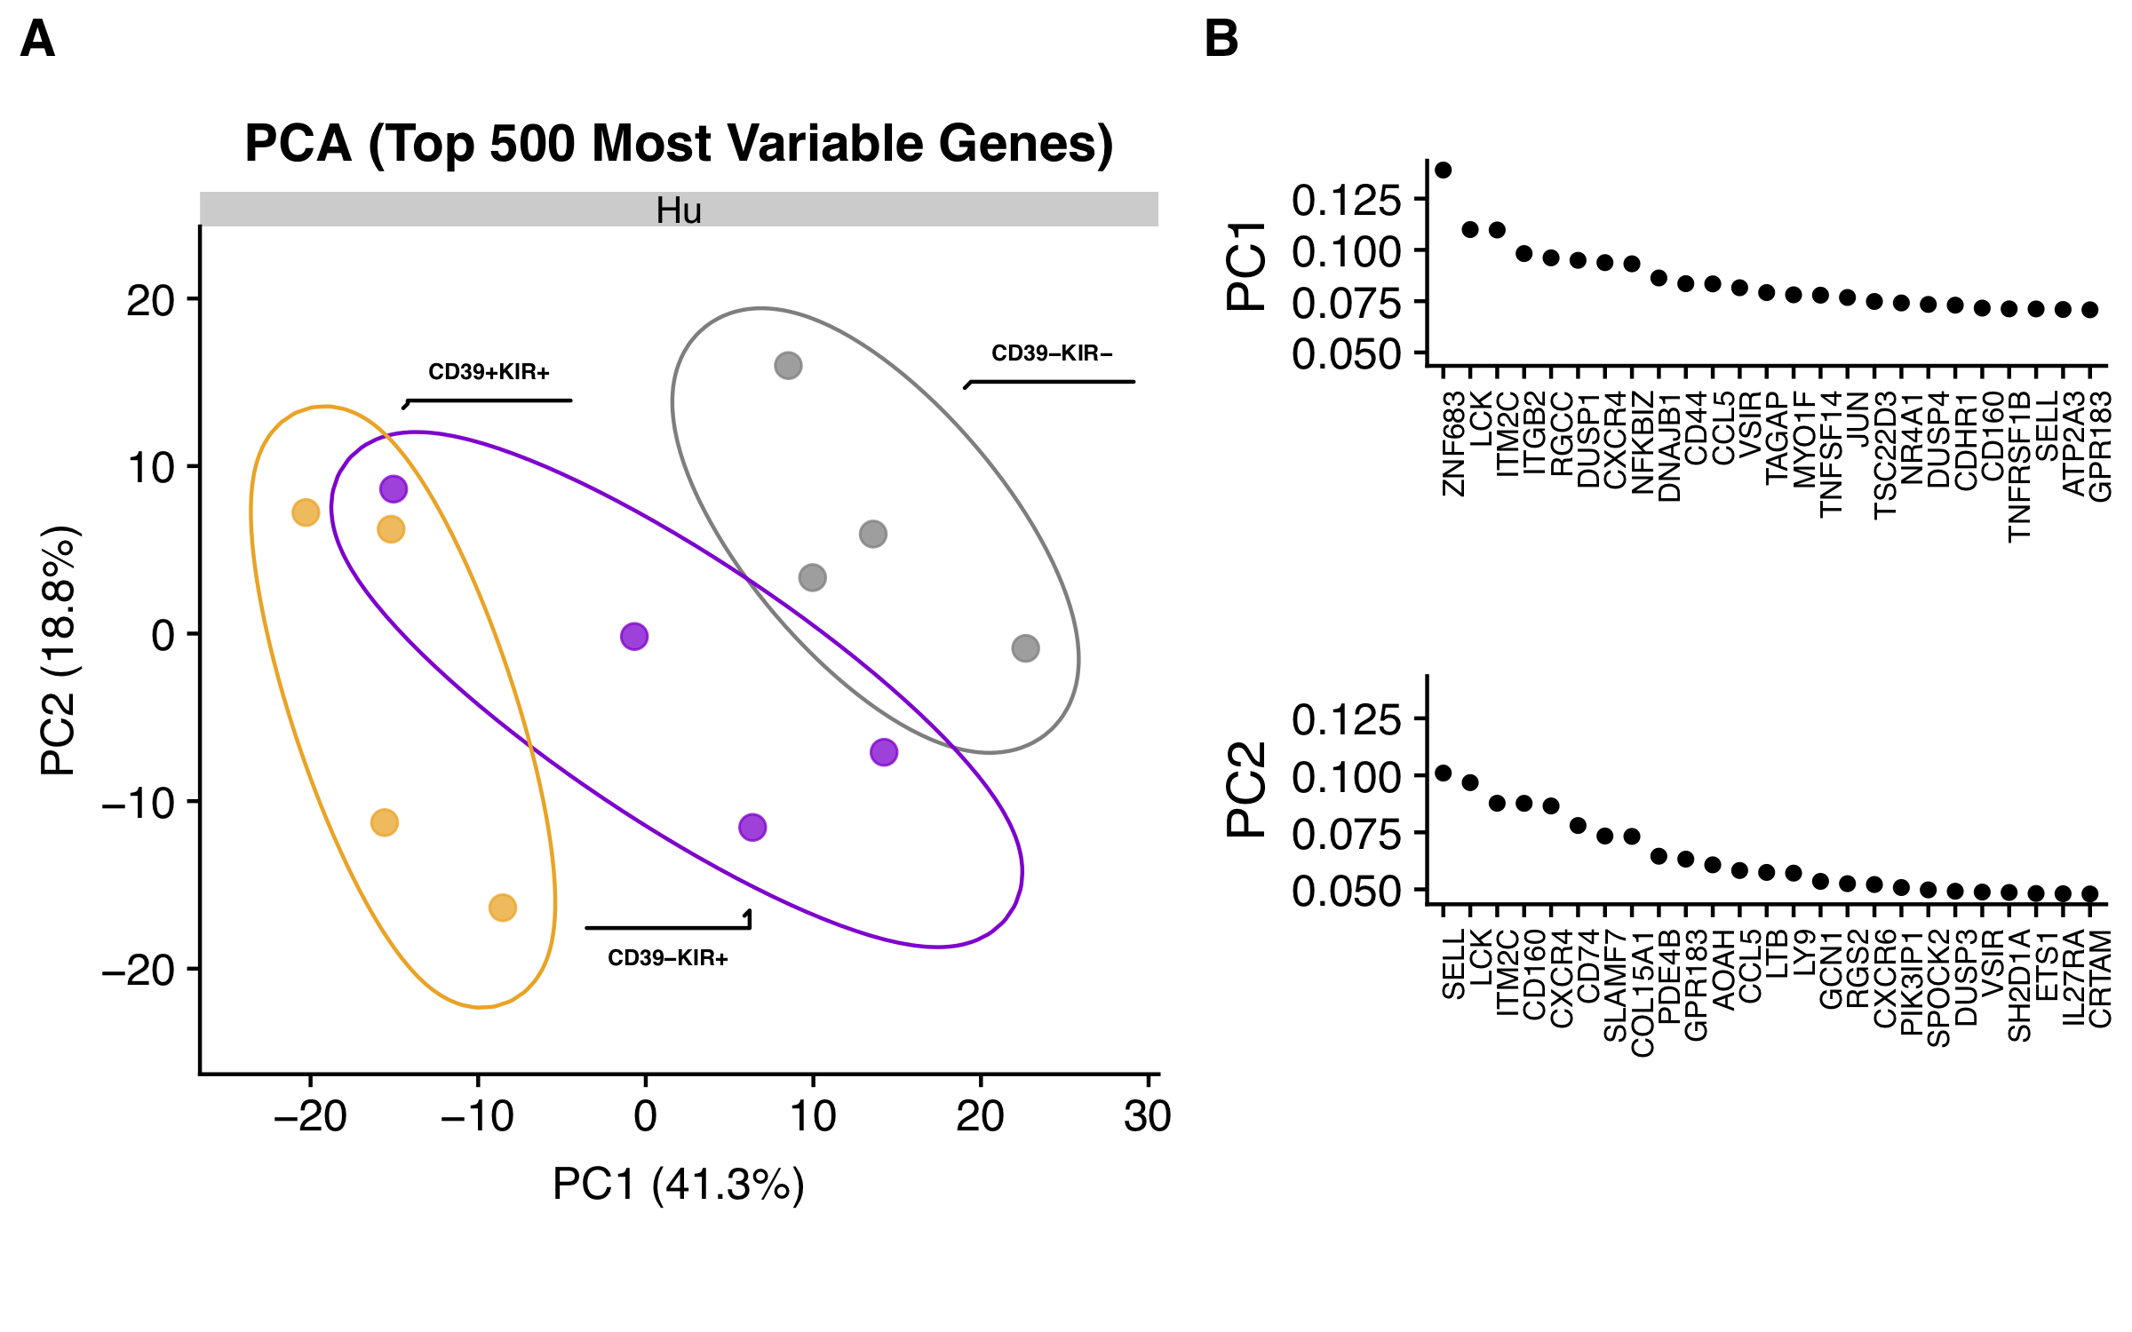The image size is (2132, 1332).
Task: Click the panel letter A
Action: click(37, 40)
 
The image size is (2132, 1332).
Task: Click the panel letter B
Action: click(1221, 40)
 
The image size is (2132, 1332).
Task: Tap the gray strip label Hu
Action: click(679, 210)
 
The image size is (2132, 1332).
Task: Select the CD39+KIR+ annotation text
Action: click(489, 372)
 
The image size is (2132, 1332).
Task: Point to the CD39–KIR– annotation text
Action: click(1052, 353)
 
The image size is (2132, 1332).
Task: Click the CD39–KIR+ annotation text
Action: click(668, 958)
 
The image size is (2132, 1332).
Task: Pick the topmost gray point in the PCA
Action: click(788, 365)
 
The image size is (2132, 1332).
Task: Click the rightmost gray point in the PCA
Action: click(1025, 648)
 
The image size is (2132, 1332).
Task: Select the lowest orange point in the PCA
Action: click(502, 908)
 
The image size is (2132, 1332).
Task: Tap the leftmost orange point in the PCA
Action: click(306, 512)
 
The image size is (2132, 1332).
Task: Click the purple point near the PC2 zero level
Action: click(633, 636)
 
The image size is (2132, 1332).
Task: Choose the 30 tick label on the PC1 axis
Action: click(1147, 1116)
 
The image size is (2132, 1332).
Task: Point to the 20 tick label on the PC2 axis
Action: click(151, 301)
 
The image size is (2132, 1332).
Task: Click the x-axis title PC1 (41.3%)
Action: click(679, 1184)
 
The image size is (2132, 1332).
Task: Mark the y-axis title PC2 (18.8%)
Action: click(60, 650)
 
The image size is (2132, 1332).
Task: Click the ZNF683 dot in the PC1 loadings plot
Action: click(1444, 170)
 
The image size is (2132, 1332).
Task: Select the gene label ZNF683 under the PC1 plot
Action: click(1453, 444)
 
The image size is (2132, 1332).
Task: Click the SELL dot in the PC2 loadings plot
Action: click(1444, 773)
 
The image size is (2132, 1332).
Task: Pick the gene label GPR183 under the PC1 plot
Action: click(2100, 447)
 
